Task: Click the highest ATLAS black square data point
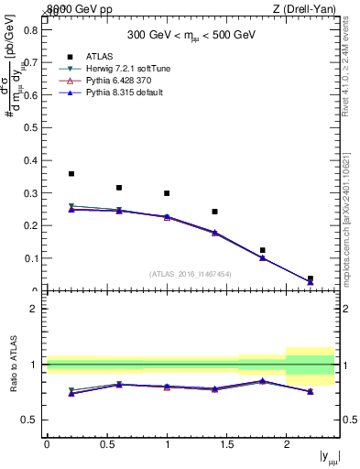click(71, 173)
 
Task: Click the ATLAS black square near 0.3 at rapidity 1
click(167, 193)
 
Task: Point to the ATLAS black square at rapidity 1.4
click(214, 212)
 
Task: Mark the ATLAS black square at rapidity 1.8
click(262, 250)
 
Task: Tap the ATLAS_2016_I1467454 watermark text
click(190, 273)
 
